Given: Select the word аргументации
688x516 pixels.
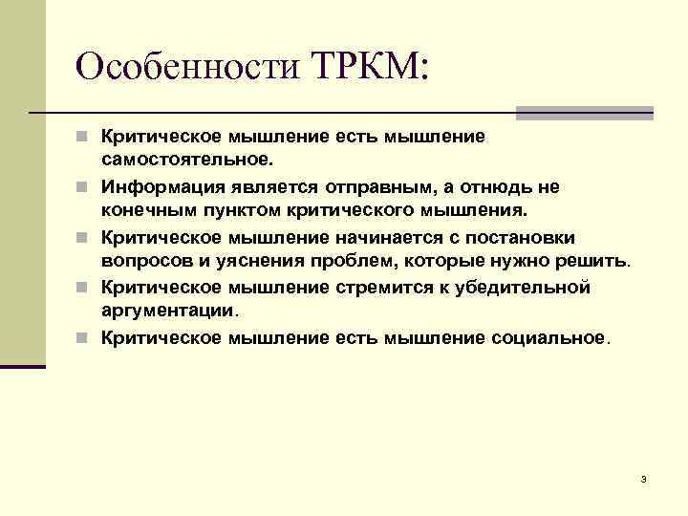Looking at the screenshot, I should [x=168, y=311].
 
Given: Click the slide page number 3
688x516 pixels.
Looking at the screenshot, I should [x=644, y=479].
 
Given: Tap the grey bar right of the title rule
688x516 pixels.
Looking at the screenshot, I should [x=584, y=113].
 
